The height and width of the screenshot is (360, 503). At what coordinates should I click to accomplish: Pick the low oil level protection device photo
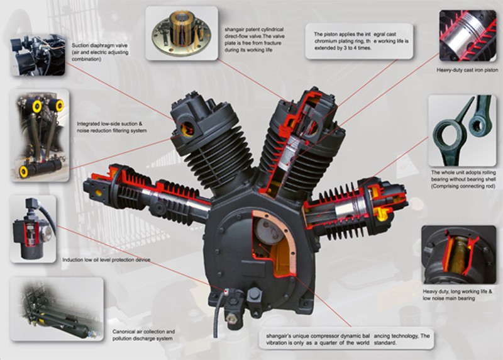pos(33,228)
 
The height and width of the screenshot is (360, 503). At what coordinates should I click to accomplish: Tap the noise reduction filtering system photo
pos(39,135)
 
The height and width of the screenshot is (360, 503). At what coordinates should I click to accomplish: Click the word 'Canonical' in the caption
pos(123,331)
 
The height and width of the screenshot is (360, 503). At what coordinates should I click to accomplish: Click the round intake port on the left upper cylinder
pos(187,130)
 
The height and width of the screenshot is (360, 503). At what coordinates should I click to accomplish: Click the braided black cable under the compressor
pos(218,320)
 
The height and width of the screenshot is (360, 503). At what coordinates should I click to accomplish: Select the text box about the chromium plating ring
pos(358,41)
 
